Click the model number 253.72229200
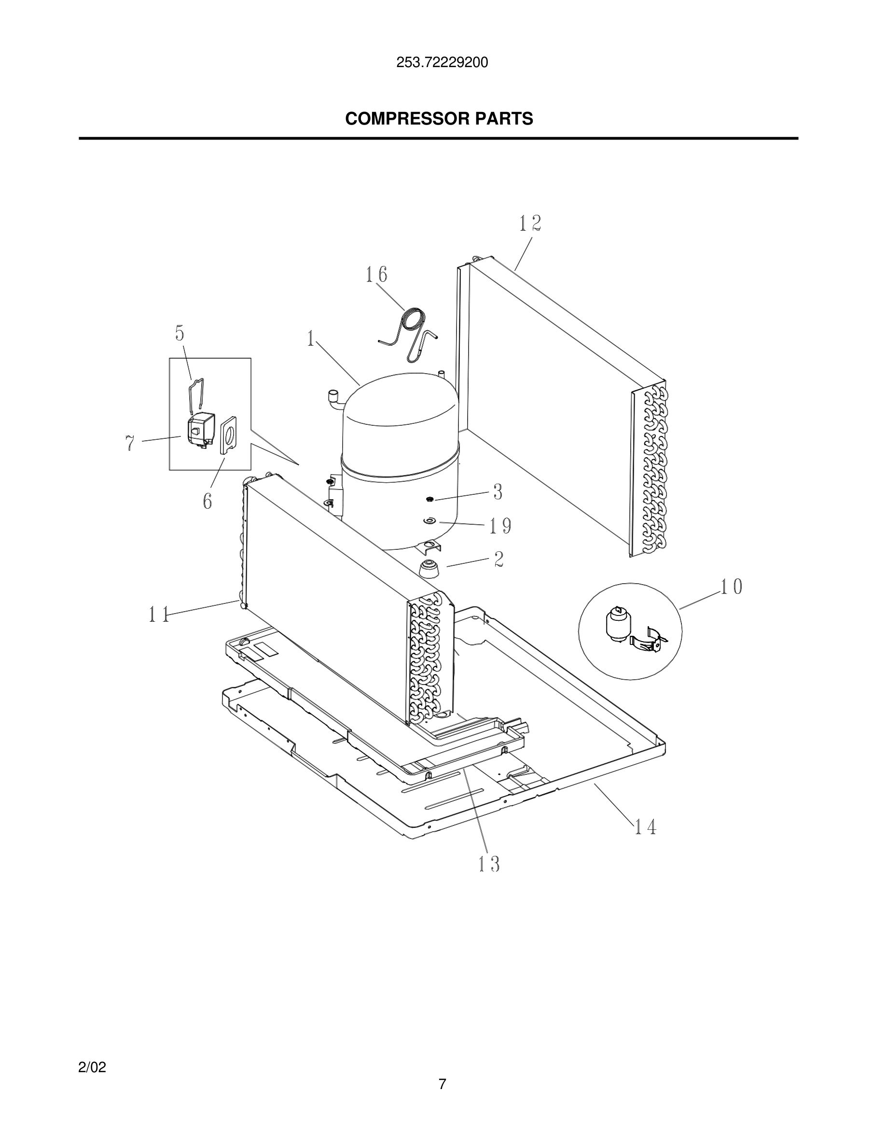(442, 63)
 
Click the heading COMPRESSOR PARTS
(439, 119)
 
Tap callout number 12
(530, 224)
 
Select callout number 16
(376, 275)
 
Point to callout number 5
(180, 333)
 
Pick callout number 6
(208, 501)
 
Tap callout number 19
(500, 526)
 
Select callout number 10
(731, 587)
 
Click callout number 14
(646, 828)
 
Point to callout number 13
(489, 864)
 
